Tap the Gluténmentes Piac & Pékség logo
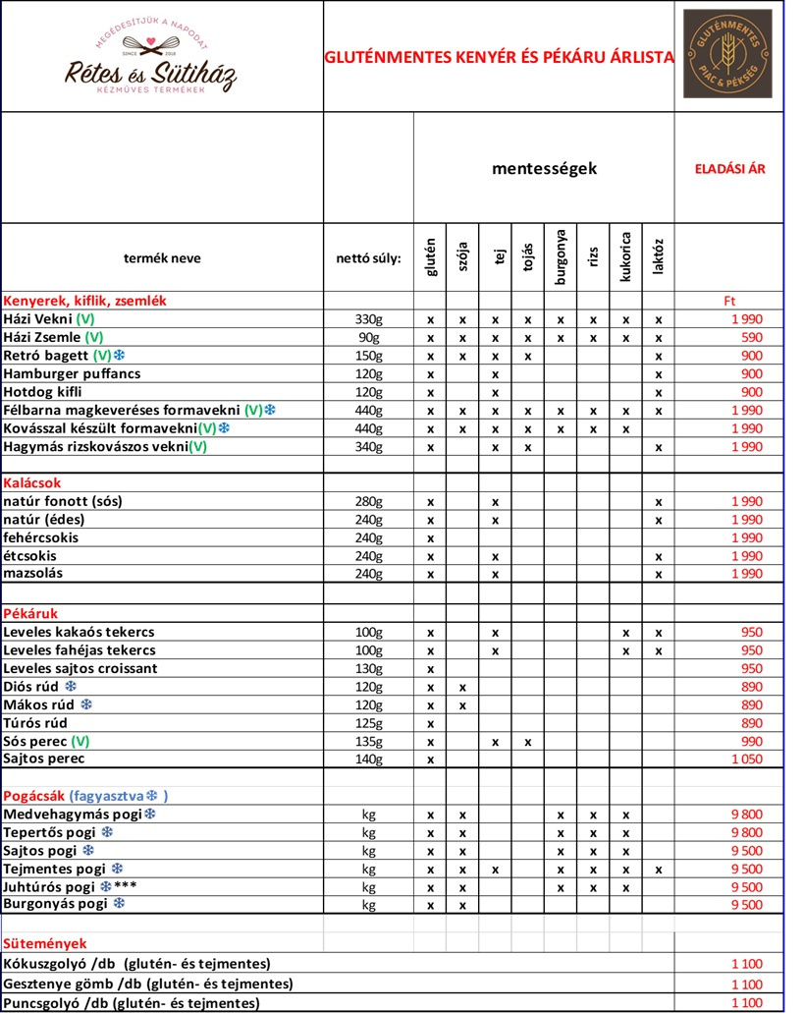click(x=728, y=54)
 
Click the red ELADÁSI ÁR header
click(x=729, y=168)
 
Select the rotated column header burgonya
click(x=561, y=258)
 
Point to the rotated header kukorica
click(x=625, y=257)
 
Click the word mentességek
click(x=544, y=168)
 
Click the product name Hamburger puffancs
click(x=72, y=373)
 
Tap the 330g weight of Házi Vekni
click(x=368, y=319)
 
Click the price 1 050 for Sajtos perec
click(x=746, y=760)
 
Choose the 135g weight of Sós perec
click(x=368, y=742)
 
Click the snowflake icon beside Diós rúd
click(x=70, y=686)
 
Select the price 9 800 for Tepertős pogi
click(x=746, y=832)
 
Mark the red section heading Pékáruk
click(x=30, y=614)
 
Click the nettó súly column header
click(x=368, y=259)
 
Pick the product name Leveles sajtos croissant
click(x=80, y=668)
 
